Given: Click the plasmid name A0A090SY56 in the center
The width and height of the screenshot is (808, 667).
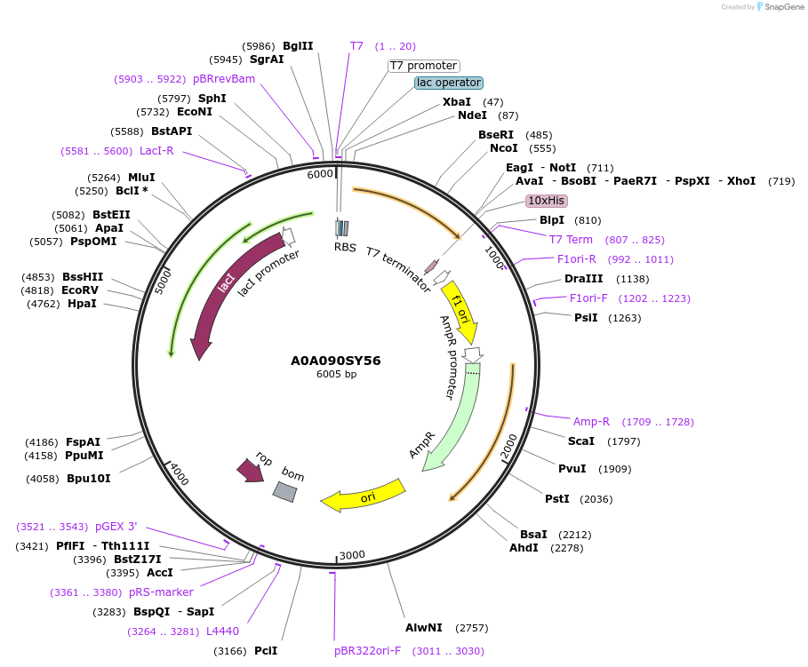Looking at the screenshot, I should [x=336, y=361].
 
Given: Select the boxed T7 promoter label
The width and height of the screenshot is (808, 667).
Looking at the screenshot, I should [x=424, y=66].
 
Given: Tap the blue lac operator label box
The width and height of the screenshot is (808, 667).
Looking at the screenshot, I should [x=448, y=83].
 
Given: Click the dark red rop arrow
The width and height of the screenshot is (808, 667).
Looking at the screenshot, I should [x=251, y=470].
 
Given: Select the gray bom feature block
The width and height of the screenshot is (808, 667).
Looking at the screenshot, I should [x=284, y=490].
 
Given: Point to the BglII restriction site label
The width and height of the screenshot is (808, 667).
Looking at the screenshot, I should [x=298, y=46].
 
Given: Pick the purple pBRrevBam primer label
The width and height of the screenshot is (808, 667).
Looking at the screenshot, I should [x=224, y=79].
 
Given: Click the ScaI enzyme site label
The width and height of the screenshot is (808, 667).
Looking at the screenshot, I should [x=581, y=441].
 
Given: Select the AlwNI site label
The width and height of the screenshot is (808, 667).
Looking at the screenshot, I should [x=424, y=628].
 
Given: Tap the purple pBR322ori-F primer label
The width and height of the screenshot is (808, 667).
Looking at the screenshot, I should [x=368, y=651].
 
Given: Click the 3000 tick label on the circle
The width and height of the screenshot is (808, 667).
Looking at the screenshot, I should [x=352, y=555].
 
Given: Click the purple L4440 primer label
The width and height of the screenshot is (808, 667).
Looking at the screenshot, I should [x=222, y=631].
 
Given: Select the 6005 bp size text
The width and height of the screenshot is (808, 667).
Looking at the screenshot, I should [x=336, y=375].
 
